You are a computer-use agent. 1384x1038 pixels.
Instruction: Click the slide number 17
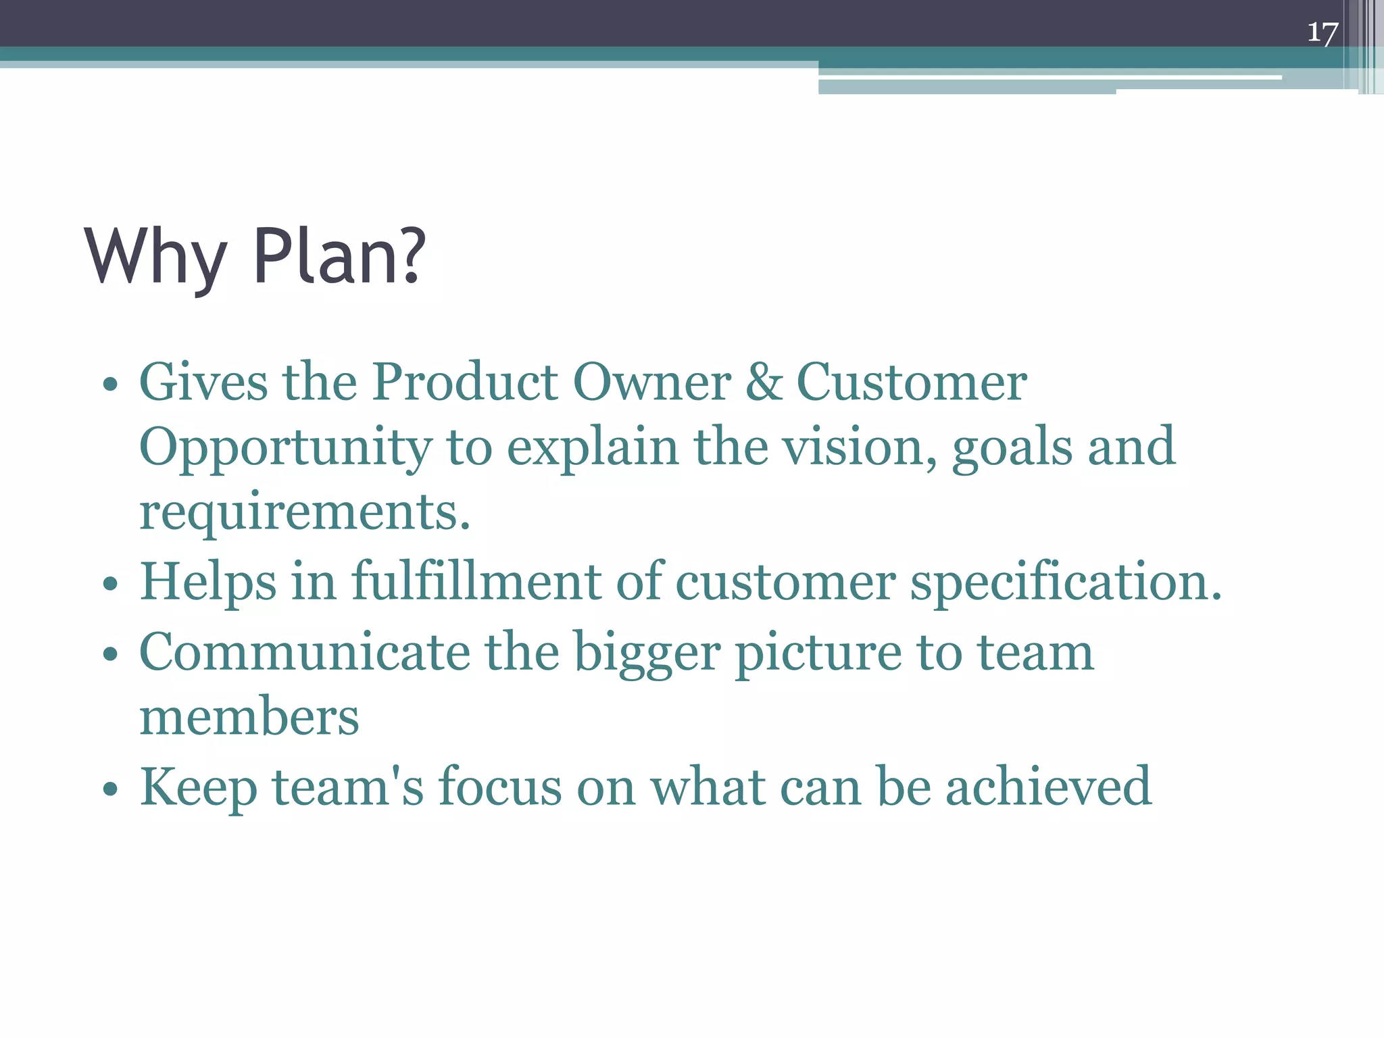coord(1323,32)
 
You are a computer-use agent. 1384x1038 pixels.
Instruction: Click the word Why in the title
coord(155,257)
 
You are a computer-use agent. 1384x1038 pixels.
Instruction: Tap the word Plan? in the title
coord(339,257)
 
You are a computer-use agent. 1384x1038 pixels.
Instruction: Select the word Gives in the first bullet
coord(203,382)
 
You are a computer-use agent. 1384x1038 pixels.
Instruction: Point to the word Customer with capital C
coord(912,382)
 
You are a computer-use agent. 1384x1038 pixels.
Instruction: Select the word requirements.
coord(304,512)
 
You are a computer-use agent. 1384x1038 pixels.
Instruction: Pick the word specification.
coord(1066,583)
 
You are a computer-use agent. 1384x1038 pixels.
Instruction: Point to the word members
coord(249,716)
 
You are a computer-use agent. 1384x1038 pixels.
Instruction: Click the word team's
coord(348,787)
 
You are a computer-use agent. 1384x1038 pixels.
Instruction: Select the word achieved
coord(1048,787)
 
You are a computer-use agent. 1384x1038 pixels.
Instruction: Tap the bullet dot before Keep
coord(110,789)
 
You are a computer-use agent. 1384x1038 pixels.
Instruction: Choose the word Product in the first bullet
coord(466,382)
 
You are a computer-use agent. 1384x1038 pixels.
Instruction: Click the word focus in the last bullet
coord(500,787)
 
